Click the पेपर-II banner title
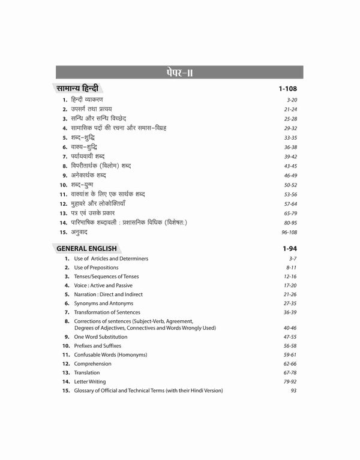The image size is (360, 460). point(179,74)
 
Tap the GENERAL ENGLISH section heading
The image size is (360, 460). point(86,247)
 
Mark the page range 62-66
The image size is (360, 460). point(290,363)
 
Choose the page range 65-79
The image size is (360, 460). point(290,212)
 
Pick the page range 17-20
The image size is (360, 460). point(290,285)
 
